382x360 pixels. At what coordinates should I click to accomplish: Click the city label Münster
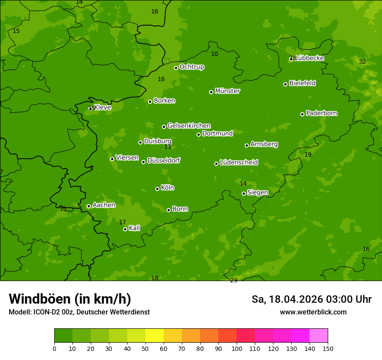pos(227,91)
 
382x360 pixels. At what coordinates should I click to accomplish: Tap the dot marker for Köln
pos(157,189)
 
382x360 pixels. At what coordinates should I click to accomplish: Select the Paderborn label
pos(321,113)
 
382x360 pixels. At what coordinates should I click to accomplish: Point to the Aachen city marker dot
pos(89,206)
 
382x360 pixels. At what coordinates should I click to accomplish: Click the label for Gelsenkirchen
pos(189,126)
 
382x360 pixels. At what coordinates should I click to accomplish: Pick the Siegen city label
pos(257,193)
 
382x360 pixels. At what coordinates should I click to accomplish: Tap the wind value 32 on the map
pos(362,62)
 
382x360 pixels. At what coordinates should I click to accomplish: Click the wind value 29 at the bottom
pos(234,280)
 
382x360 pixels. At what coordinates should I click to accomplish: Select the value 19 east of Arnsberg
pos(308,154)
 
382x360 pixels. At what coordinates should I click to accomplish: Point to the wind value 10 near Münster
pos(214,54)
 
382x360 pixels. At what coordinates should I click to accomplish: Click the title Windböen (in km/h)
pos(70,299)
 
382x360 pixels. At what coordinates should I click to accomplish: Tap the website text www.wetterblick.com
pos(313,312)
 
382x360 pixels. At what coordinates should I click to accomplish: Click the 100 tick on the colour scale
pos(237,348)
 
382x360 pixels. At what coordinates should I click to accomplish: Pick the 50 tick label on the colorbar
pos(145,348)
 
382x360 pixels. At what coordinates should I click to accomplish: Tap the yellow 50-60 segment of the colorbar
pos(155,336)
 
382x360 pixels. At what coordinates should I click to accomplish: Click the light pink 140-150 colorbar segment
pos(319,336)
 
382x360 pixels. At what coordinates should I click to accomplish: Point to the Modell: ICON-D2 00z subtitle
pos(79,312)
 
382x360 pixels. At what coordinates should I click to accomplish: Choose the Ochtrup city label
pos(191,67)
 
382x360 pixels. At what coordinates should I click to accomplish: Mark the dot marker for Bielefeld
pos(285,84)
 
